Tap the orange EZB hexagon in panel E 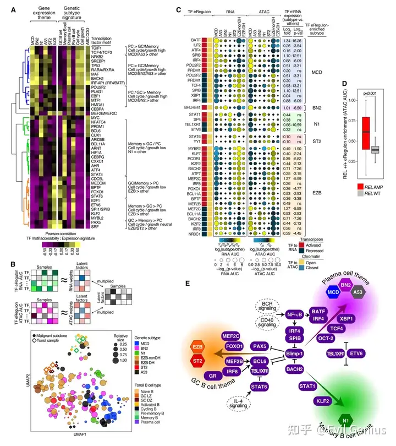click(197, 347)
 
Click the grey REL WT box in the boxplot click(376, 149)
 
